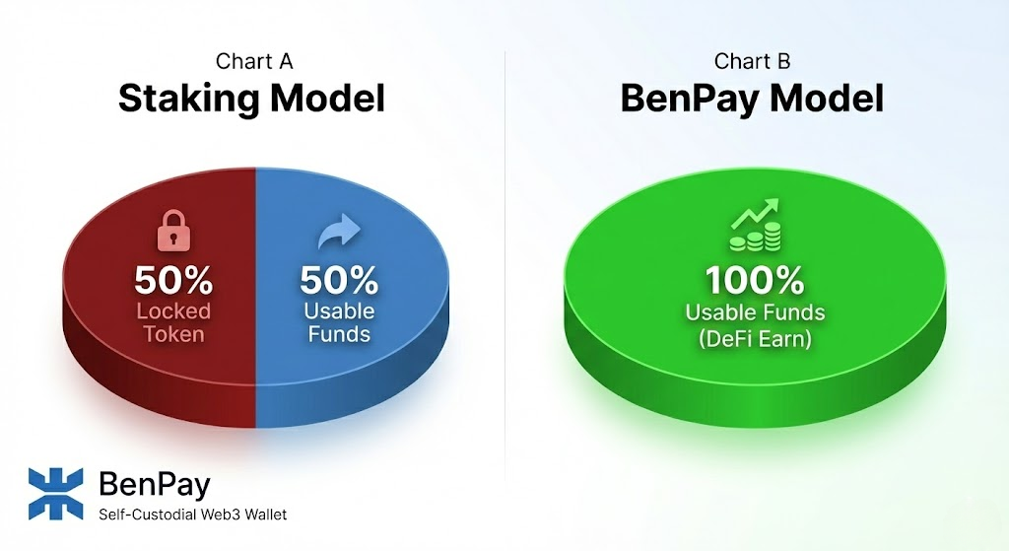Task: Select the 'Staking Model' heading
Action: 251,99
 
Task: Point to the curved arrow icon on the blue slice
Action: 339,234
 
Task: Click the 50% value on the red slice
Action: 173,280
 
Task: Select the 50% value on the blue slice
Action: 339,280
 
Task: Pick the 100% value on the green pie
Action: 755,281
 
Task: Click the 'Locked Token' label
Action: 173,322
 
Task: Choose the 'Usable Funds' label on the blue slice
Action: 339,322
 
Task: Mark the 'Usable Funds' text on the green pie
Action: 755,313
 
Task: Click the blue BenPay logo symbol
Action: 57,493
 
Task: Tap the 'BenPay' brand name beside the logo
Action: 155,484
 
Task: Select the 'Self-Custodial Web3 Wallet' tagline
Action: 193,515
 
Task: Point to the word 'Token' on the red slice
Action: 173,334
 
